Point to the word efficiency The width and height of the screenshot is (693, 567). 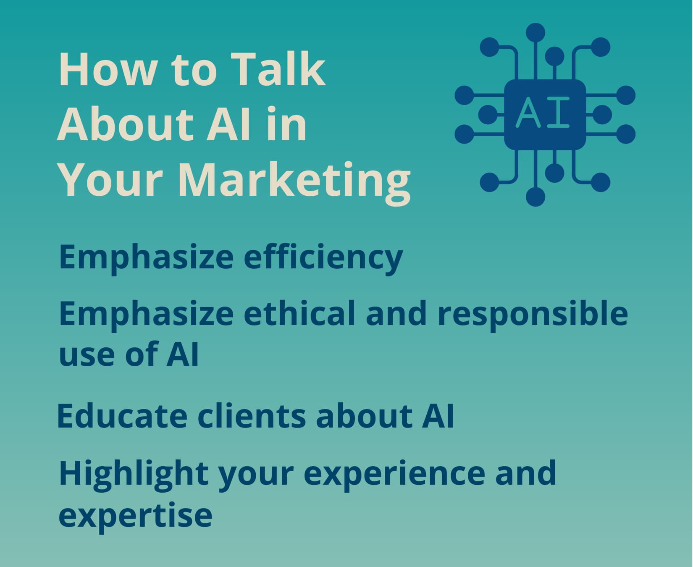point(323,257)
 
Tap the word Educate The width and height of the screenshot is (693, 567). point(122,415)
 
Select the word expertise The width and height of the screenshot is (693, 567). point(135,515)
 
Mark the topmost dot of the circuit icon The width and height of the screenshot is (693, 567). point(535,33)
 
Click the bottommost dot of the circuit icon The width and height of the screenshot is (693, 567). point(535,196)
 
